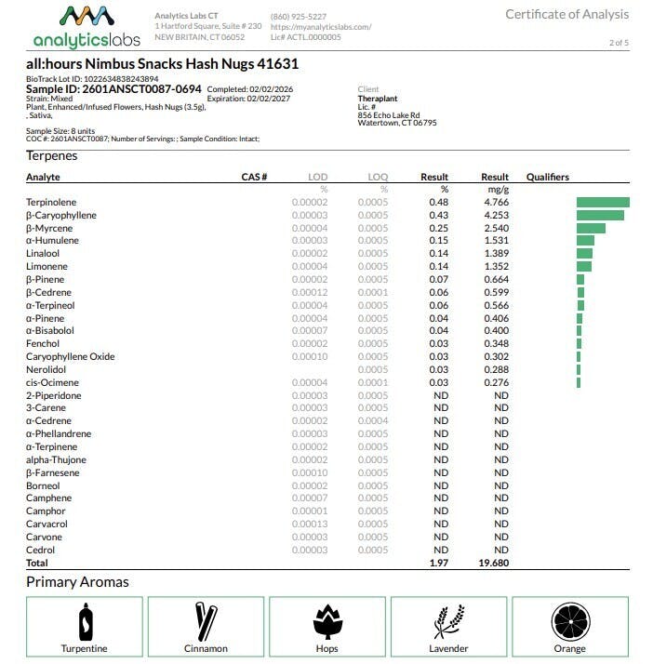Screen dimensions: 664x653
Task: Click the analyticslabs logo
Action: pyautogui.click(x=86, y=27)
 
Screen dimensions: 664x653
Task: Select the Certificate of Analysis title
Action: pyautogui.click(x=566, y=14)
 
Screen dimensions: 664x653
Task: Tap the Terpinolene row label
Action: pyautogui.click(x=51, y=202)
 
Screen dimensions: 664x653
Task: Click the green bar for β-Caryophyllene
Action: pyautogui.click(x=600, y=215)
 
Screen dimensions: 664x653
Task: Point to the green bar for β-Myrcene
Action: pyautogui.click(x=591, y=228)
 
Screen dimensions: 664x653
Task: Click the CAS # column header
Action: pyautogui.click(x=254, y=177)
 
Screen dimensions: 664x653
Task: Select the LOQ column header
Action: pyautogui.click(x=377, y=177)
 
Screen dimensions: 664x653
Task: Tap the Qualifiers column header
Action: pyautogui.click(x=547, y=177)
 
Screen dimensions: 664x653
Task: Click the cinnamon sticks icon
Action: pyautogui.click(x=206, y=620)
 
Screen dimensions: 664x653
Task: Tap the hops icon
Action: pyautogui.click(x=327, y=620)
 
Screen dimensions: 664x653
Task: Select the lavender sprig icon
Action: pyautogui.click(x=449, y=620)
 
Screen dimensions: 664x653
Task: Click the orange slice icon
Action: pyautogui.click(x=570, y=620)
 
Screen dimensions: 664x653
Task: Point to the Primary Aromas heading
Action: pyautogui.click(x=77, y=582)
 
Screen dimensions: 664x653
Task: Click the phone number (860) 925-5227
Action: pyautogui.click(x=298, y=17)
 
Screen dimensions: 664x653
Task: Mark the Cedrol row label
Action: pyautogui.click(x=40, y=550)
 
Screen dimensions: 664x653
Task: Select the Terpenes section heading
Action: pyautogui.click(x=52, y=155)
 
